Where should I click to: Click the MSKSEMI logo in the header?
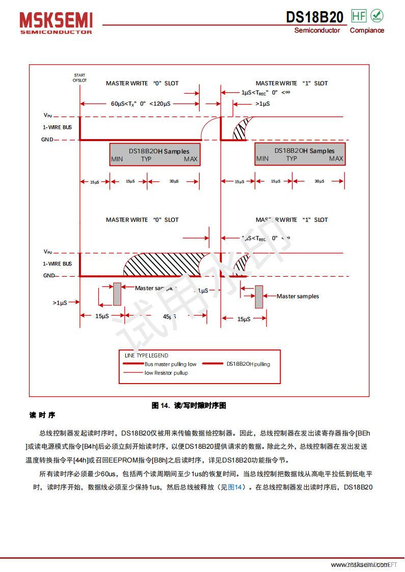tap(56, 23)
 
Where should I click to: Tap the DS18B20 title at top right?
tap(314, 17)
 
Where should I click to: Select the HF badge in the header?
tap(359, 16)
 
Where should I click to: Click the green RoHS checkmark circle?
tap(377, 16)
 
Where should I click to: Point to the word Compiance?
tap(367, 31)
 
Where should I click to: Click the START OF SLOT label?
tap(79, 77)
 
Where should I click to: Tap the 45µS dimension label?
tap(169, 317)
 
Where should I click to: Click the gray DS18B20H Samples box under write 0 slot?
tap(155, 154)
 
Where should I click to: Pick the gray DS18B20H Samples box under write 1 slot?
tap(300, 154)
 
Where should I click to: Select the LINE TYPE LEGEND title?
tap(146, 356)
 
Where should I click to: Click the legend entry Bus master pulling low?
tap(170, 364)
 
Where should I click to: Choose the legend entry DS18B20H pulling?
tap(248, 364)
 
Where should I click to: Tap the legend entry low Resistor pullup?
tap(166, 373)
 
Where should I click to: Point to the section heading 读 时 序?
tap(42, 416)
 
